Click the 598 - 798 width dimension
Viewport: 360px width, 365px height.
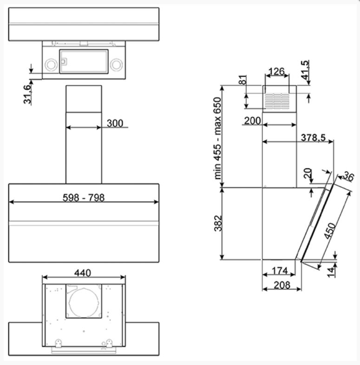point(84,198)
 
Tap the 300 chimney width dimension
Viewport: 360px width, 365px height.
point(115,123)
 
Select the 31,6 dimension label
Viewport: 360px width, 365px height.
point(27,94)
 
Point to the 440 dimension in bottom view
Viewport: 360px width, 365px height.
point(83,273)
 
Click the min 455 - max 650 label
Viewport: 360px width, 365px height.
point(217,138)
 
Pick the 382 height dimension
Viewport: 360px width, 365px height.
point(218,223)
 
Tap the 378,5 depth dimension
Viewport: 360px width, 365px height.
point(313,138)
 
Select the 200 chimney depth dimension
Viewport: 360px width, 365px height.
point(253,121)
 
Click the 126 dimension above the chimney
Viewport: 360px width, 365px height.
point(276,72)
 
